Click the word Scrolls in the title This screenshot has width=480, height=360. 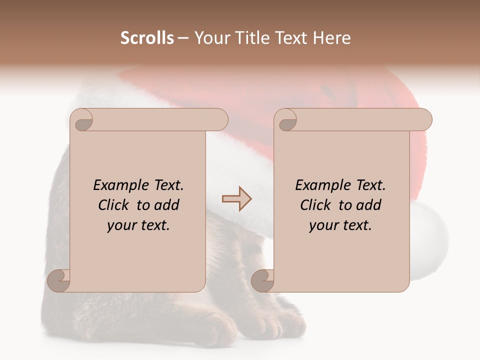pyautogui.click(x=147, y=38)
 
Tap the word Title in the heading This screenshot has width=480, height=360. pyautogui.click(x=249, y=38)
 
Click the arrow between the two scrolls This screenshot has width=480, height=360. pyautogui.click(x=237, y=198)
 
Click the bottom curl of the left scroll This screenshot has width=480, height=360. pyautogui.click(x=59, y=281)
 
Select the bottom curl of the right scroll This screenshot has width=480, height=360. pyautogui.click(x=263, y=281)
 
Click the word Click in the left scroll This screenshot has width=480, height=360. pyautogui.click(x=114, y=205)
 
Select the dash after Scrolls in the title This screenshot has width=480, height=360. pyautogui.click(x=183, y=38)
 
